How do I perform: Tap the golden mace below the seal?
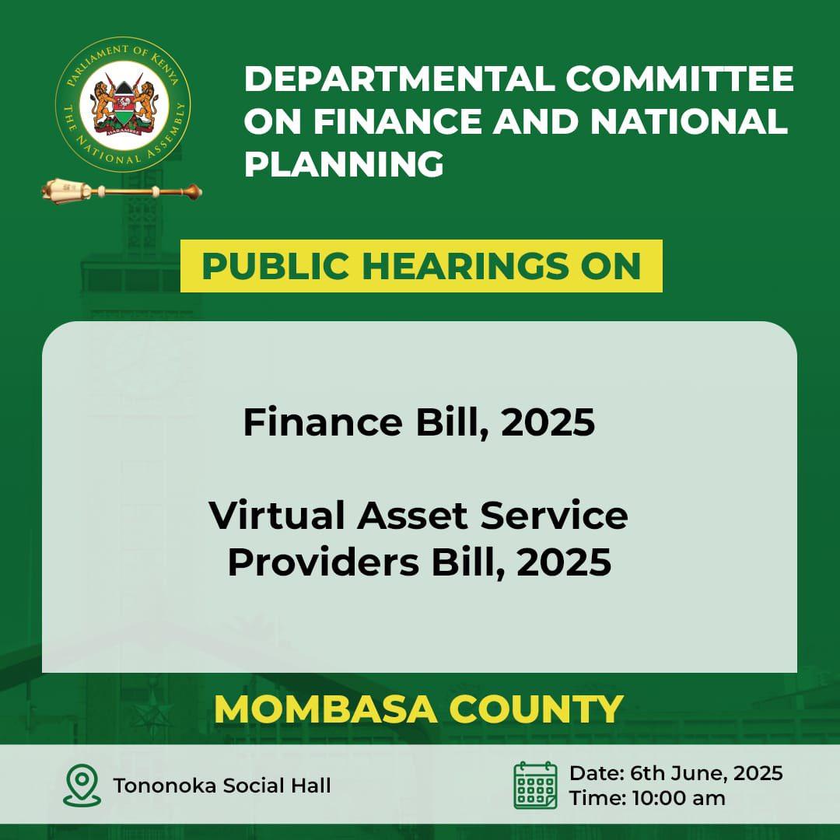click(x=122, y=189)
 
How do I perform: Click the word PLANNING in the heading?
click(x=344, y=165)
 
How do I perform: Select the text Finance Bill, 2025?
click(x=418, y=422)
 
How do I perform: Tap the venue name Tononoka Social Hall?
click(x=222, y=786)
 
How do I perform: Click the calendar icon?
click(x=534, y=785)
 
